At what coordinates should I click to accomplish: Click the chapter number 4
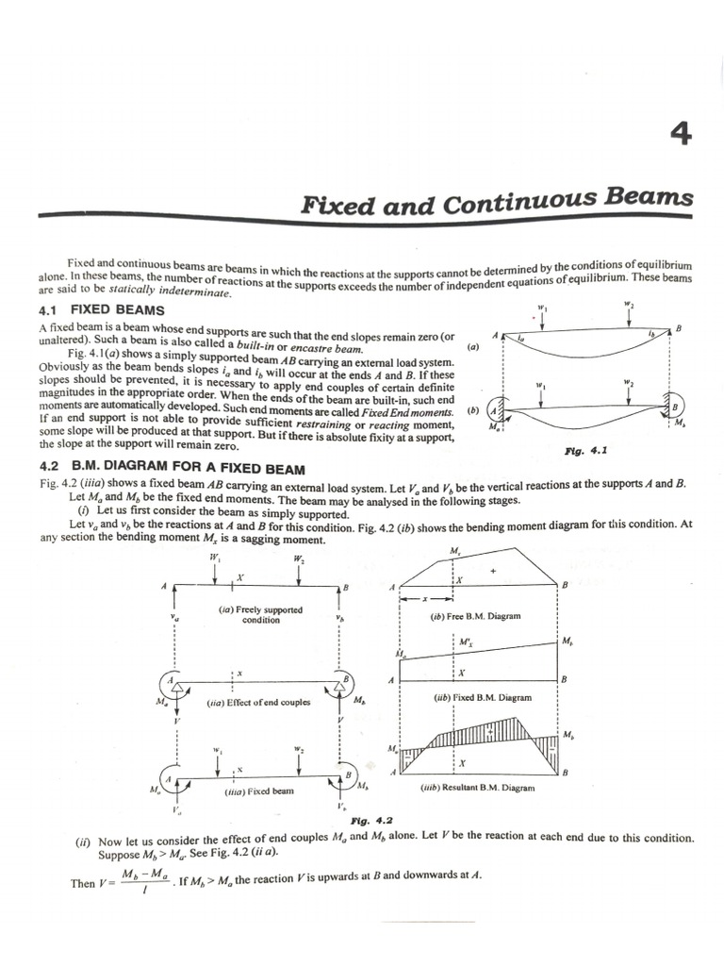tap(681, 136)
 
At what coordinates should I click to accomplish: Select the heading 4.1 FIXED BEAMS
tap(102, 310)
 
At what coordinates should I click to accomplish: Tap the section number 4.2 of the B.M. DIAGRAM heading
tap(50, 469)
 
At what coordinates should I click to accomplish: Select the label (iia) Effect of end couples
tap(258, 703)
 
